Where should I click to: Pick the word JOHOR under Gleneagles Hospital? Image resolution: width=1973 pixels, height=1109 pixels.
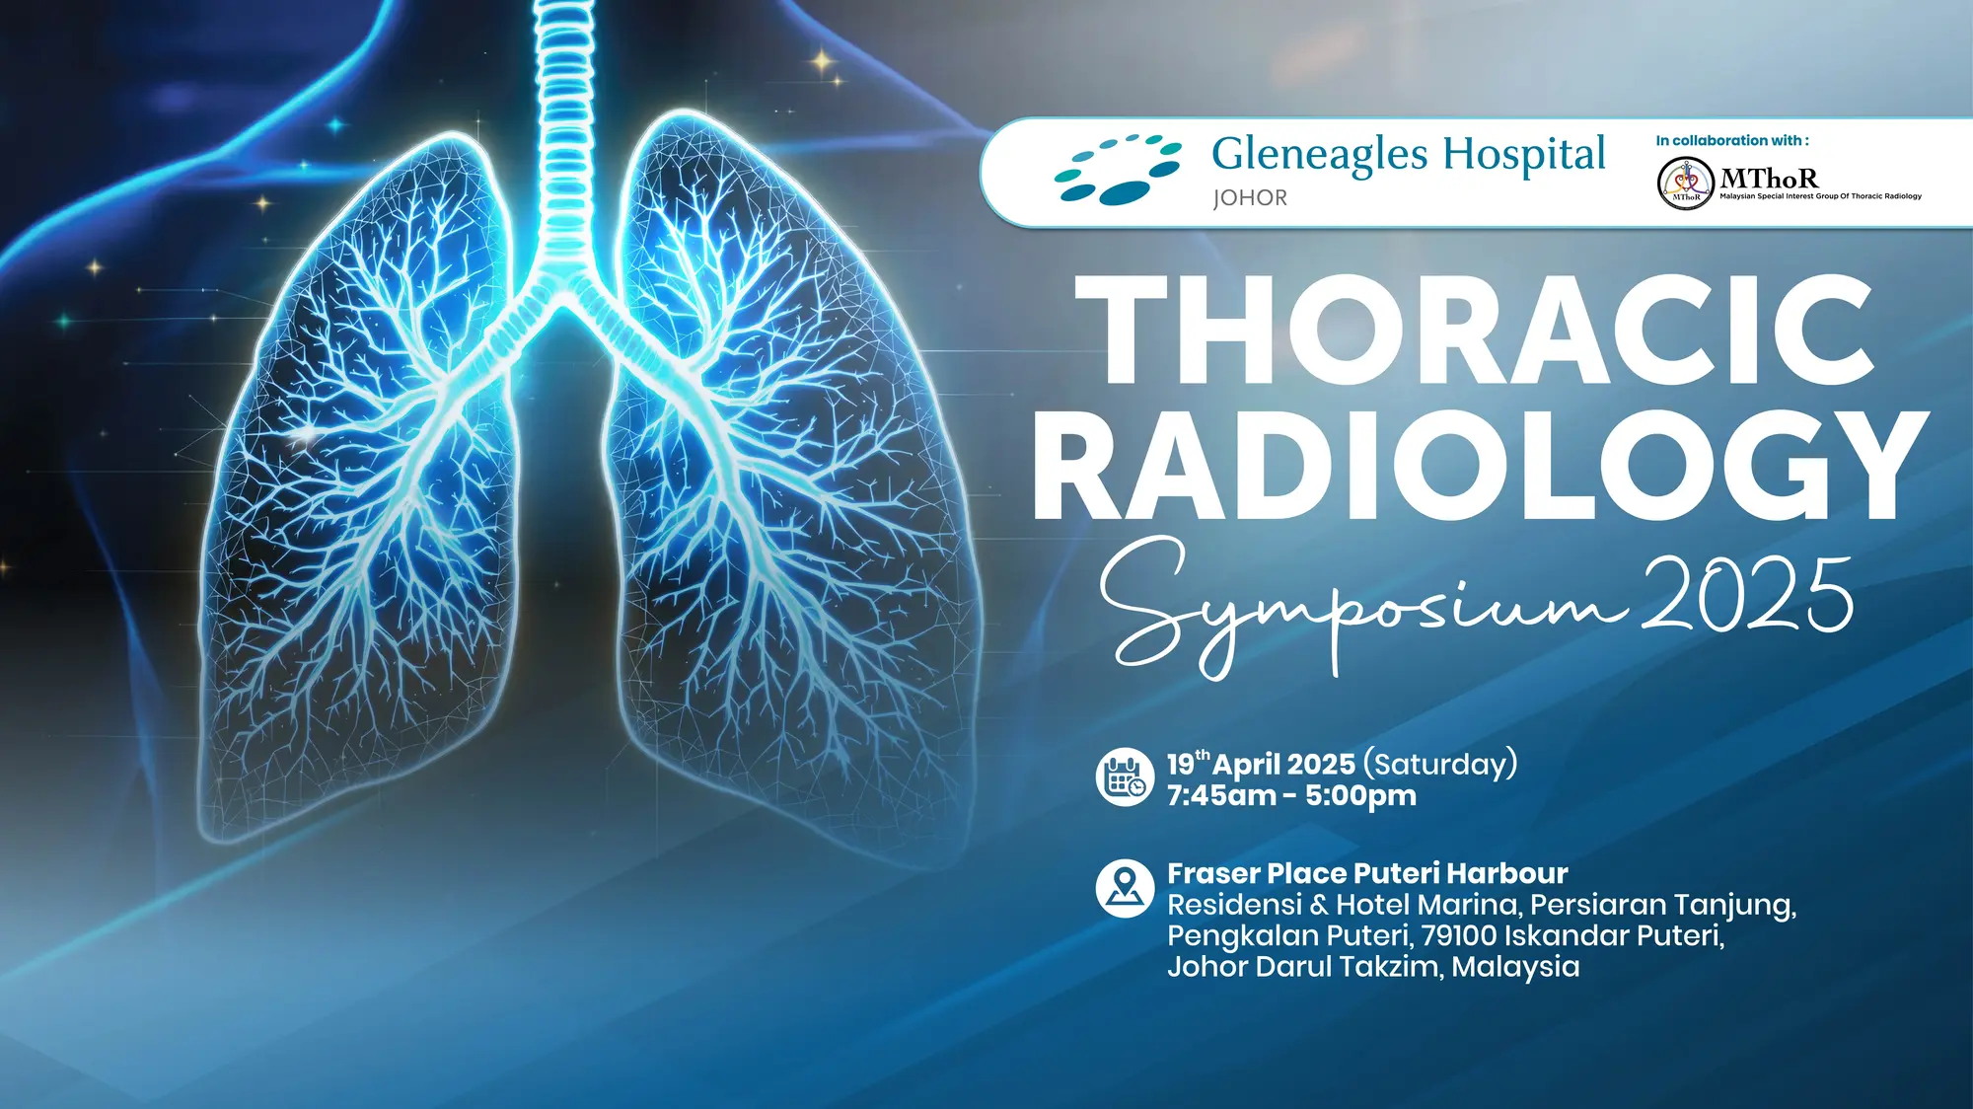click(1250, 198)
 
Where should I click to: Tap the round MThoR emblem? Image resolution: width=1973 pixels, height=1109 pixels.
click(1686, 183)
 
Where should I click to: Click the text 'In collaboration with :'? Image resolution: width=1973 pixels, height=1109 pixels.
click(1732, 141)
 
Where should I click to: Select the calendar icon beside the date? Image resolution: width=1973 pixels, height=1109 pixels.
click(1125, 777)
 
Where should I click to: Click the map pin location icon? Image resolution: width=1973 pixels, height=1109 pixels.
click(1125, 888)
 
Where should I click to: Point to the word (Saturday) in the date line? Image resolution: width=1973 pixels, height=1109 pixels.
click(1440, 764)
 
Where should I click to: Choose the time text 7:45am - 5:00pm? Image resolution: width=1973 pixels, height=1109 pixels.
click(1291, 795)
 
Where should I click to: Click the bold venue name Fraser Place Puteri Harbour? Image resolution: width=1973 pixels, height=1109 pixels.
click(1367, 873)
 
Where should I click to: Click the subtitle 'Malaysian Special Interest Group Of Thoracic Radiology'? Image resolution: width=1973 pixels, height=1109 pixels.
click(1820, 196)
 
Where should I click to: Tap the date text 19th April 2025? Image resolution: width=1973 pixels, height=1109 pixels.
click(1261, 764)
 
